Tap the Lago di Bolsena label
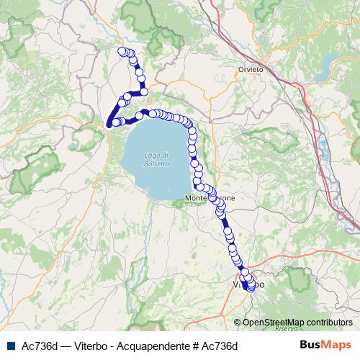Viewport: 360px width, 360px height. (156, 159)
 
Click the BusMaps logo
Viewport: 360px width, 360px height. (325, 345)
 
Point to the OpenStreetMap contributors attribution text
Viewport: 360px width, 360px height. (298, 323)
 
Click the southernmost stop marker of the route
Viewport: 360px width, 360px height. (251, 289)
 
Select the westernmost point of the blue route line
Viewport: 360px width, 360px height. (108, 124)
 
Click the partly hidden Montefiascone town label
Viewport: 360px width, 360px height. (209, 197)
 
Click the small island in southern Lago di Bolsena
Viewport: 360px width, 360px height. (161, 189)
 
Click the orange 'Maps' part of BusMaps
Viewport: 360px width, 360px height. (336, 345)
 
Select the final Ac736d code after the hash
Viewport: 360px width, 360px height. (218, 346)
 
